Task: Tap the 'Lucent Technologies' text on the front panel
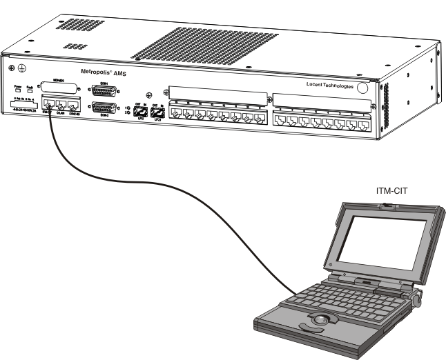pyautogui.click(x=330, y=85)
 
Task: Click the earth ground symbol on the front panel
pyautogui.click(x=21, y=70)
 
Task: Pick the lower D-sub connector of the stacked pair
pyautogui.click(x=105, y=108)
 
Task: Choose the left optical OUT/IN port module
pyautogui.click(x=140, y=112)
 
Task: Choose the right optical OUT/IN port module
pyautogui.click(x=157, y=112)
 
